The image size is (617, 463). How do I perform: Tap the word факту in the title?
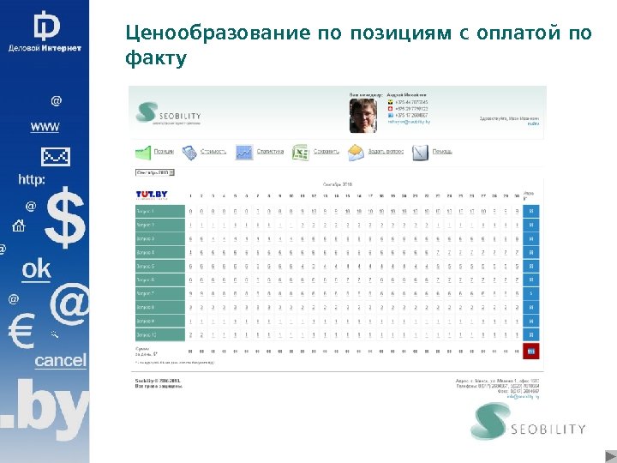coord(155,59)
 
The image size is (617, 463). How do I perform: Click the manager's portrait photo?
coord(362,115)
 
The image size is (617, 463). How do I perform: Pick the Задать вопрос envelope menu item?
coord(376,153)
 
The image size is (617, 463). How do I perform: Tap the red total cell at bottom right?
coord(530,351)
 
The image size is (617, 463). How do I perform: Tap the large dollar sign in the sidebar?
coord(65,219)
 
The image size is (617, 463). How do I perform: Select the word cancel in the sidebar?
coord(60,361)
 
